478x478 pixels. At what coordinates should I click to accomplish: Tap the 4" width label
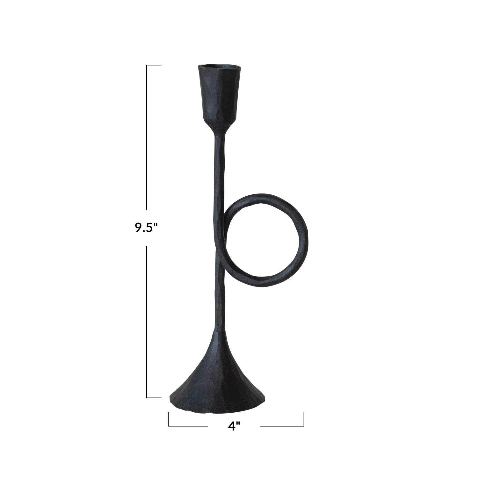point(234,426)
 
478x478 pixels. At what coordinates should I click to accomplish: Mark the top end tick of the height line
point(154,65)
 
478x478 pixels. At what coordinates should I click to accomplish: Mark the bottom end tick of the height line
point(154,398)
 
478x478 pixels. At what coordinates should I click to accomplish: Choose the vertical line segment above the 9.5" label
point(147,140)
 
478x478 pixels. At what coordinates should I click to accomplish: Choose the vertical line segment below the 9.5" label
point(147,319)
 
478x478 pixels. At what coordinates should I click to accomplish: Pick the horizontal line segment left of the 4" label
point(188,426)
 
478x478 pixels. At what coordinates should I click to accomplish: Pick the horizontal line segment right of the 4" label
point(282,426)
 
